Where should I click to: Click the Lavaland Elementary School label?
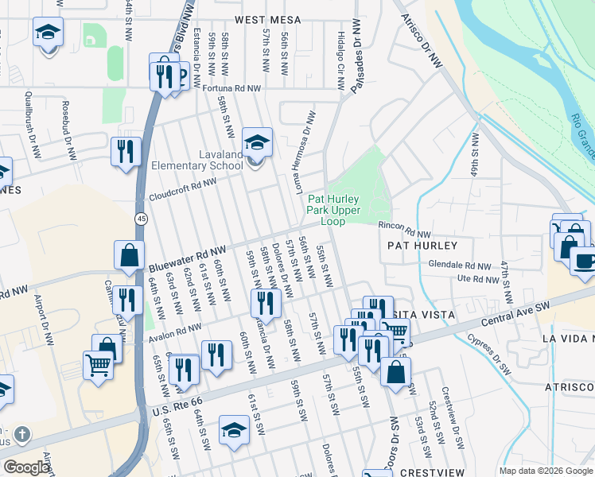(x=197, y=160)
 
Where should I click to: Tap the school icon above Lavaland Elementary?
(x=257, y=142)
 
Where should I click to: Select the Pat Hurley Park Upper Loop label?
(x=333, y=210)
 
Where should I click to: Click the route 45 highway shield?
(x=141, y=217)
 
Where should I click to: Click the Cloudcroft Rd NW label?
(x=182, y=189)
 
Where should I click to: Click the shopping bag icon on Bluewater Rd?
(x=129, y=255)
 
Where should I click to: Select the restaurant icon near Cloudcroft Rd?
(x=126, y=152)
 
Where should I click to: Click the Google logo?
(x=26, y=467)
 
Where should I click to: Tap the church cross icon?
(x=23, y=436)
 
